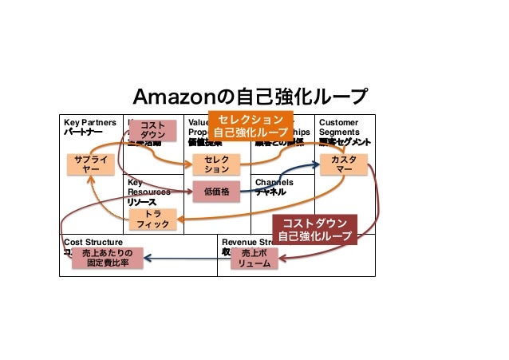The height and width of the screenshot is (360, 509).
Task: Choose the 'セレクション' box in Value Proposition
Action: point(216,165)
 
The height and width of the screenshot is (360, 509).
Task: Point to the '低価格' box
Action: point(216,192)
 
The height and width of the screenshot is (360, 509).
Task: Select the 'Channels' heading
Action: point(274,183)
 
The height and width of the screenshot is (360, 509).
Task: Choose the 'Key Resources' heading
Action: point(144,188)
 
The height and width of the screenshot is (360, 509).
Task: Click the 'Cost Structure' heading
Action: point(93,241)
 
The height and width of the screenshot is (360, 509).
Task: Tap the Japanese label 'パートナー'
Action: point(84,133)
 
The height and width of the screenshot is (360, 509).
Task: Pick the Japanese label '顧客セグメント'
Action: point(344,142)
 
